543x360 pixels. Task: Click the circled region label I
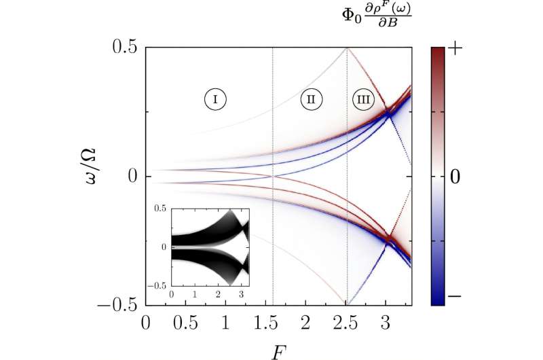tap(215, 99)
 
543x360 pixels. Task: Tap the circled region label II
tap(310, 99)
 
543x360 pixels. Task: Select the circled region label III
tap(364, 99)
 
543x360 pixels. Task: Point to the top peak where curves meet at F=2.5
tap(346, 48)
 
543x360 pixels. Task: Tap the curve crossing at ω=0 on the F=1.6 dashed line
tap(272, 176)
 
